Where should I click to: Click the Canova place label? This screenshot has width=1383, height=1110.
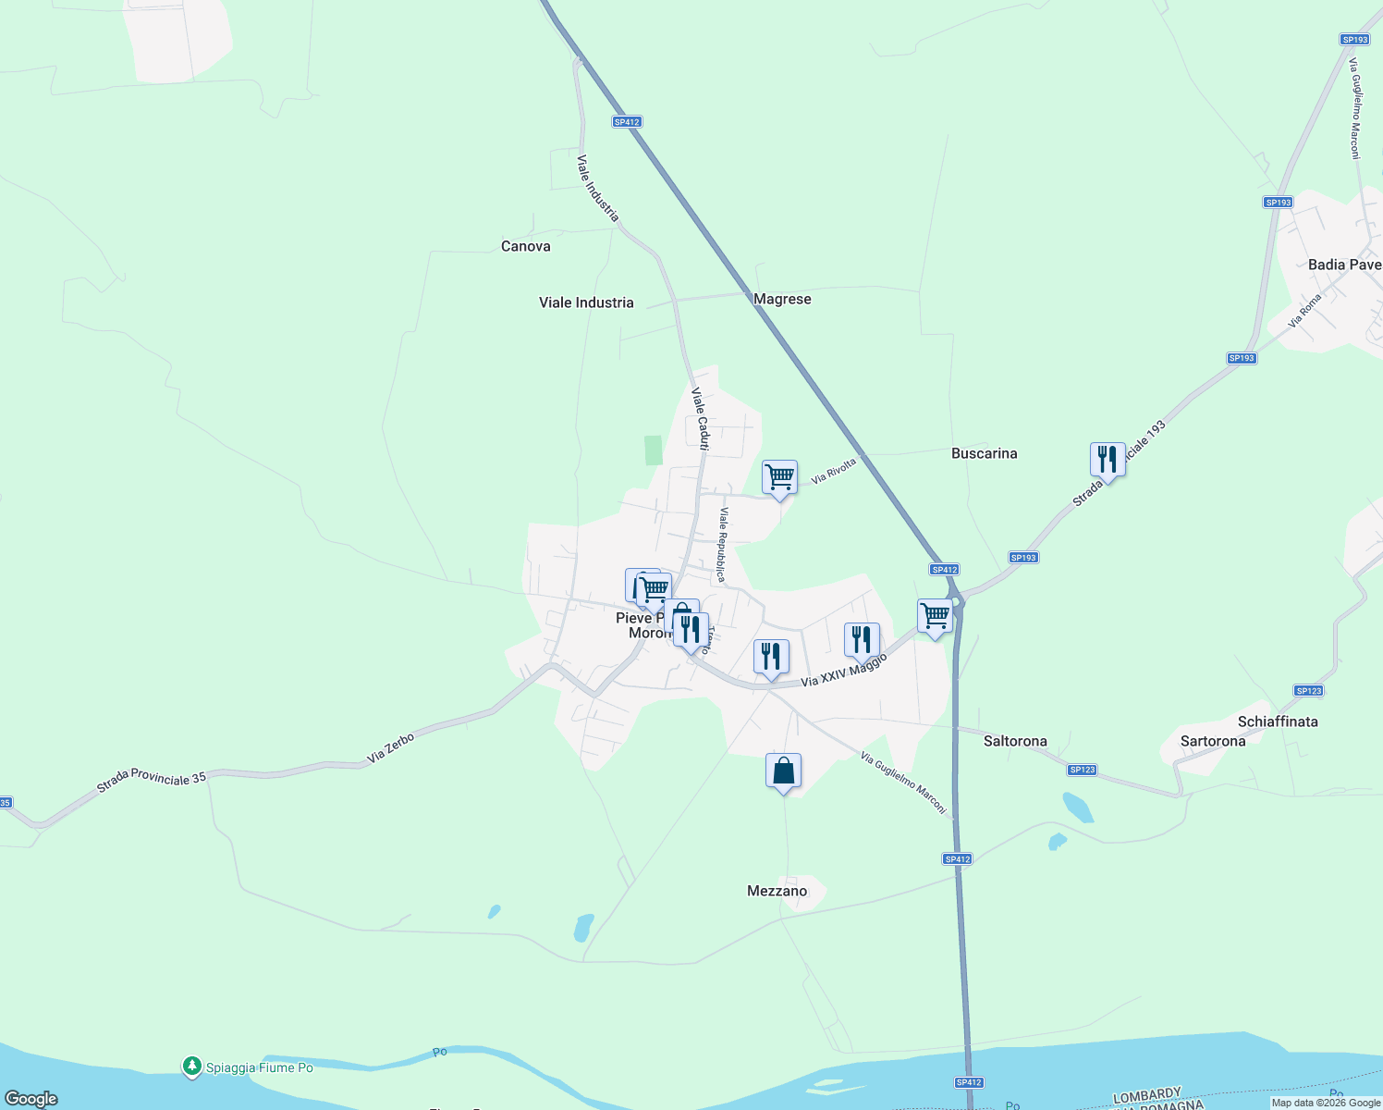tap(525, 246)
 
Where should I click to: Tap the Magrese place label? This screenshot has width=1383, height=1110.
tap(782, 299)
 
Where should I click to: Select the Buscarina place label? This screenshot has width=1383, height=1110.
tap(984, 453)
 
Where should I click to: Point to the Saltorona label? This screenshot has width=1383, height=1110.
tap(1015, 741)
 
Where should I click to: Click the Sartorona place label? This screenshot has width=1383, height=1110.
tap(1213, 741)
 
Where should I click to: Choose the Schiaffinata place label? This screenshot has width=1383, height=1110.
tap(1278, 721)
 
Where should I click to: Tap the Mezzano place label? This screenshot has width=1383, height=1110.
tap(777, 891)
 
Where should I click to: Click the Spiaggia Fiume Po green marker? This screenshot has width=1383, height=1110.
tap(191, 1067)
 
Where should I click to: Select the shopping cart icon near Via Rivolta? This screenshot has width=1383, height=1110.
tap(779, 478)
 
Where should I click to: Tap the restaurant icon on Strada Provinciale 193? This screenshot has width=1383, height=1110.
tap(1107, 460)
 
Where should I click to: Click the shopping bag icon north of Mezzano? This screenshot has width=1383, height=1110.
tap(783, 771)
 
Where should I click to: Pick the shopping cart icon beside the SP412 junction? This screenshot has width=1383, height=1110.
tap(935, 616)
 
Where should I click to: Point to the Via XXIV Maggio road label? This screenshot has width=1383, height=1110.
tap(843, 670)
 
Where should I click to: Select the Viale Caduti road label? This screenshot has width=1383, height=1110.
tap(701, 419)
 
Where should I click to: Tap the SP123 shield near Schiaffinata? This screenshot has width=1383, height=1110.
tap(1308, 691)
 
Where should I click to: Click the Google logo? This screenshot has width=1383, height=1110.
tap(31, 1099)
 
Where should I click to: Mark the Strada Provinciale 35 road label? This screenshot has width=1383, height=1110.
tap(152, 782)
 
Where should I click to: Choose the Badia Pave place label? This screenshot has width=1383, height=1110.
tap(1344, 265)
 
